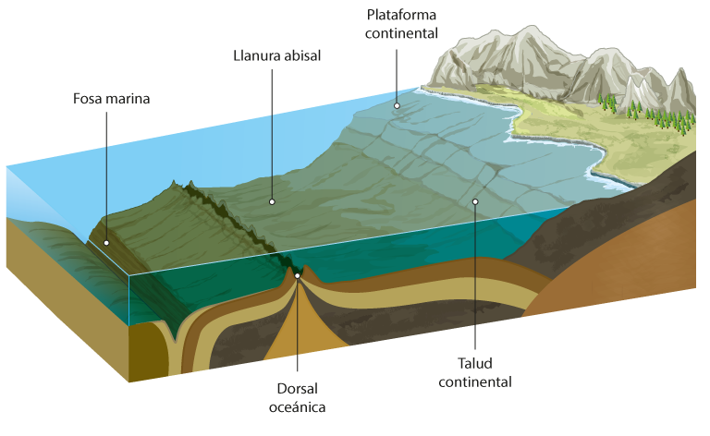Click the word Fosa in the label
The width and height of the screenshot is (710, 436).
(88, 98)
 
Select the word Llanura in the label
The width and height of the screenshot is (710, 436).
(254, 54)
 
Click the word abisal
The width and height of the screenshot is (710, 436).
(300, 54)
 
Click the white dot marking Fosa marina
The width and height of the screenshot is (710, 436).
(106, 243)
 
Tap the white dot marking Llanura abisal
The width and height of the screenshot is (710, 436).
(273, 200)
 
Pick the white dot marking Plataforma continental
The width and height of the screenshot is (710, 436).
(396, 105)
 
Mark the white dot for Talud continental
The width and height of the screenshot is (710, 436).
(475, 201)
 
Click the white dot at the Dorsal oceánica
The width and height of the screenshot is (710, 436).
(298, 274)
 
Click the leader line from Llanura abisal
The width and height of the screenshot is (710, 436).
(273, 129)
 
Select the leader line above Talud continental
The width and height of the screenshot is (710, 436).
(475, 277)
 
